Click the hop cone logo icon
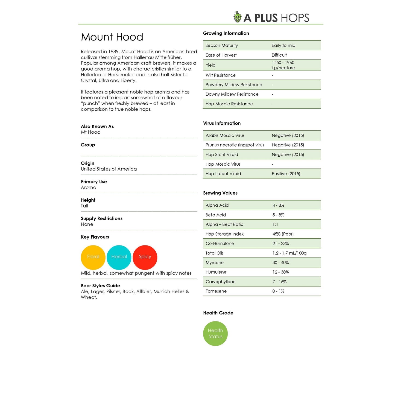237,17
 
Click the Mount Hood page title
112,37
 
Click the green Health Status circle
215,333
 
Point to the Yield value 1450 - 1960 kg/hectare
283,65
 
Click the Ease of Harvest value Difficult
279,55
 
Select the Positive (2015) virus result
286,174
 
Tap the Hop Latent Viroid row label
223,174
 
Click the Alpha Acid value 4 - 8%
278,205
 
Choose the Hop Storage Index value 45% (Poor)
283,234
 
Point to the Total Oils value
289,253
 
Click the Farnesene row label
216,291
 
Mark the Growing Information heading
226,33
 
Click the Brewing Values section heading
220,193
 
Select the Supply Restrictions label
102,218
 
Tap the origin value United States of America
109,169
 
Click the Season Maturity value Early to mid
283,45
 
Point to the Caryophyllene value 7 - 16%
279,282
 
